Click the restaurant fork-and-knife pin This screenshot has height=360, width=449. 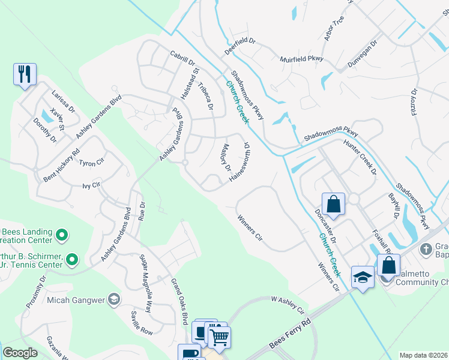point(25,74)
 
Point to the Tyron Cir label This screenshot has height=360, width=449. point(92,163)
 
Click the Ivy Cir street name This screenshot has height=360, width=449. point(90,186)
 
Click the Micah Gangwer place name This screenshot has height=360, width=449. point(72,299)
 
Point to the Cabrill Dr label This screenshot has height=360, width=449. point(182,58)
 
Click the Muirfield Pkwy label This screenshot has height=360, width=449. point(301,59)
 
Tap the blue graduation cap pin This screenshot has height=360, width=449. point(363,277)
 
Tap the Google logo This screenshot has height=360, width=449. point(20,353)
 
